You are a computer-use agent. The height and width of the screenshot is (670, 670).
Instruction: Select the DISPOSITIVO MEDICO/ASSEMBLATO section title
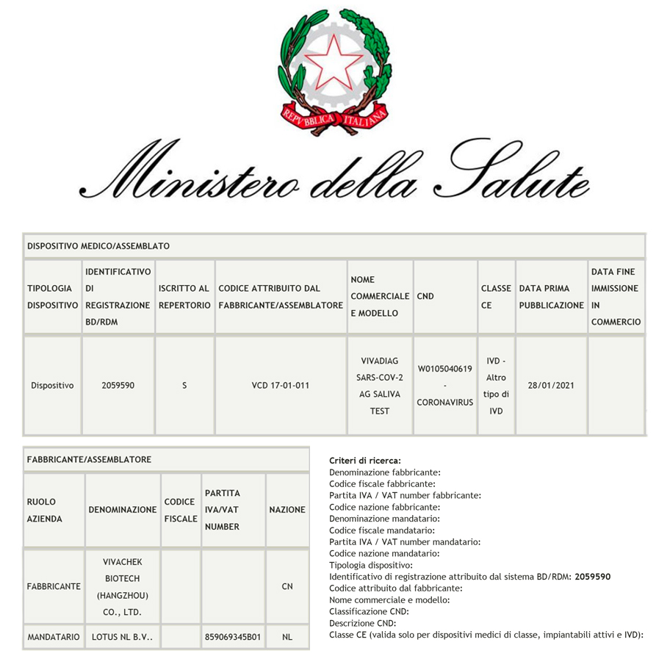coord(98,246)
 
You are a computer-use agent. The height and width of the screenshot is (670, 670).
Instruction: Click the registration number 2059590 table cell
coord(118,384)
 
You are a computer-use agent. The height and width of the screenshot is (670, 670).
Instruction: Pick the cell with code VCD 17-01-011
coord(280,384)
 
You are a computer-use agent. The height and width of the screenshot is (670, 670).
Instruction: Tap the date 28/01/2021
coord(551,384)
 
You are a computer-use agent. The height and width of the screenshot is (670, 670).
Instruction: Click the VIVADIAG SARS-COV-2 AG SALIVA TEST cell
coord(379,386)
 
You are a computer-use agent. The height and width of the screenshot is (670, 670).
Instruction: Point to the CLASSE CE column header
coord(495,296)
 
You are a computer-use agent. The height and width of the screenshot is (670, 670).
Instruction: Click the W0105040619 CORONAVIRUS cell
coord(444,386)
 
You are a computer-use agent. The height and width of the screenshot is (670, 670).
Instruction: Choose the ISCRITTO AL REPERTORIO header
coord(184,296)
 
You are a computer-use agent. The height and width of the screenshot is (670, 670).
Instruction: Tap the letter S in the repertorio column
coord(184,384)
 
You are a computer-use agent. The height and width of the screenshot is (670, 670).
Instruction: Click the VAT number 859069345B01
coord(232,638)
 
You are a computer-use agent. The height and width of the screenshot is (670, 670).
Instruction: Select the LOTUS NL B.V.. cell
coord(122,638)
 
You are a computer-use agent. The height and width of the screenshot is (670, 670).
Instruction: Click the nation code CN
coord(287,587)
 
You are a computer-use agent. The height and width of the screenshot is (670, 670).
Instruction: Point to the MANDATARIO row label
coord(53,638)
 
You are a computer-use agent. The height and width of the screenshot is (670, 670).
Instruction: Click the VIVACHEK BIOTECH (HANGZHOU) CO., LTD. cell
coord(122,587)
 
